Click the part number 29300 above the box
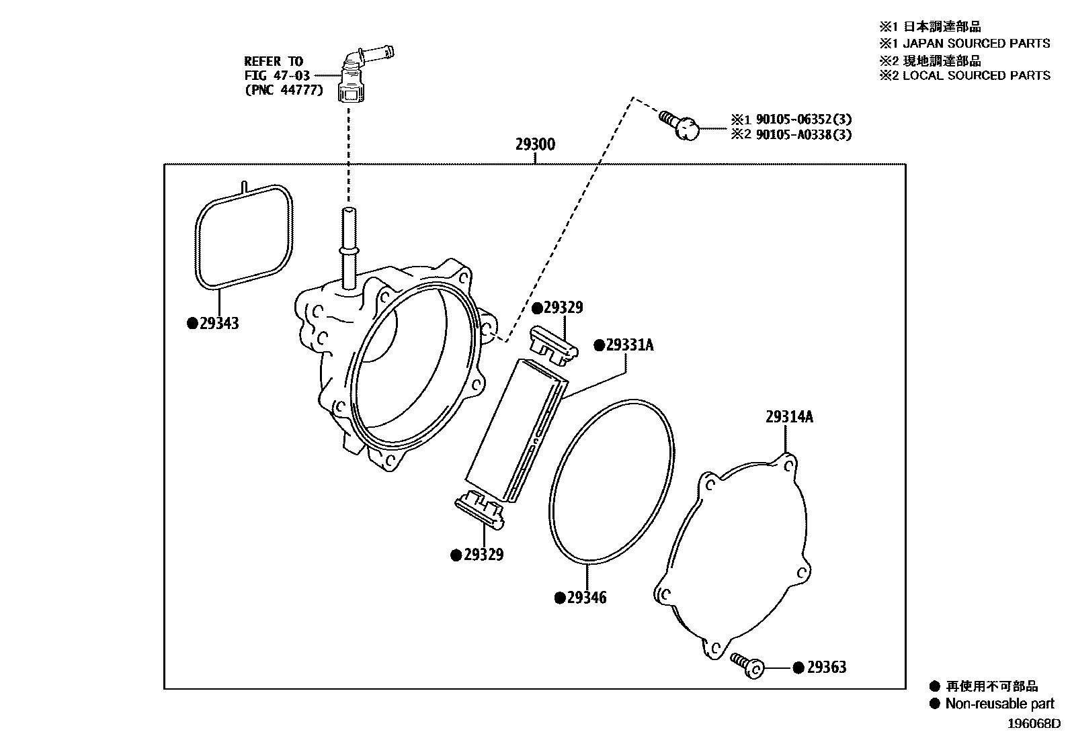535,144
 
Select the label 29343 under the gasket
219,324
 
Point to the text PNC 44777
284,90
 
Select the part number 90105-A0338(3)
803,134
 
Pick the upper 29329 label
563,308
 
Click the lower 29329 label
483,555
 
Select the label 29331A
629,345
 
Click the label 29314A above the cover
789,417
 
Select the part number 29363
826,667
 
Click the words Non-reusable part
999,704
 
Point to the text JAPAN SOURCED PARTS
976,44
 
